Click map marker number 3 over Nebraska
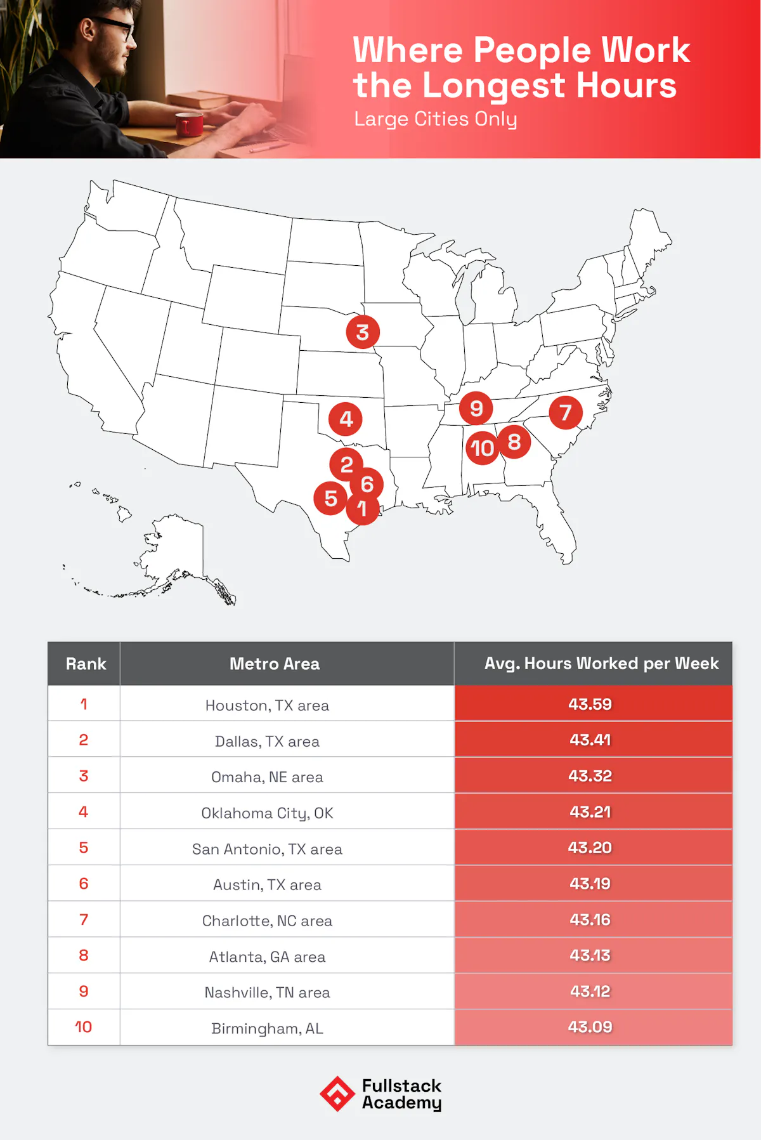point(363,332)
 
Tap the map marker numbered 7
point(566,412)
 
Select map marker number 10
point(482,448)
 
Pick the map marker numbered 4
point(346,419)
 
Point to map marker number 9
point(476,408)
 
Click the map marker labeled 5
point(330,498)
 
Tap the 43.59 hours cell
point(590,704)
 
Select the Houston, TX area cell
point(267,705)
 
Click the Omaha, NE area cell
point(267,777)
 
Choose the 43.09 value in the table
point(590,1027)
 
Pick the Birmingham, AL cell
point(267,1028)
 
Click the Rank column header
point(86,664)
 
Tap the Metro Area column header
point(275,664)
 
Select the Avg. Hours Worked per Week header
point(601,664)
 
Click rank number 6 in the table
point(84,884)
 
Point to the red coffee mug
point(189,124)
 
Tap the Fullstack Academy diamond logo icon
point(337,1094)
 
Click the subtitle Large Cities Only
point(435,119)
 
